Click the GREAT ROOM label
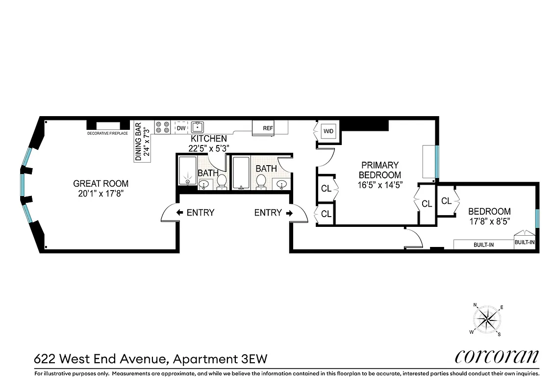click(101, 184)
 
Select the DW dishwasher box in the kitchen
click(181, 128)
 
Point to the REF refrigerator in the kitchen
click(268, 128)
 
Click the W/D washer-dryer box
click(328, 131)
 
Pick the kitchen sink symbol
click(198, 127)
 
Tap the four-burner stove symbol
click(162, 127)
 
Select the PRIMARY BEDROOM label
click(379, 170)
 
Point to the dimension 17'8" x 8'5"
click(489, 221)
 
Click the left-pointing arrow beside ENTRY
click(179, 213)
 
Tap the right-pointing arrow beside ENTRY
click(289, 213)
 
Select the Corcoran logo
click(497, 356)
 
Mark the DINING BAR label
click(138, 141)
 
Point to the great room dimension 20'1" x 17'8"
click(101, 194)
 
